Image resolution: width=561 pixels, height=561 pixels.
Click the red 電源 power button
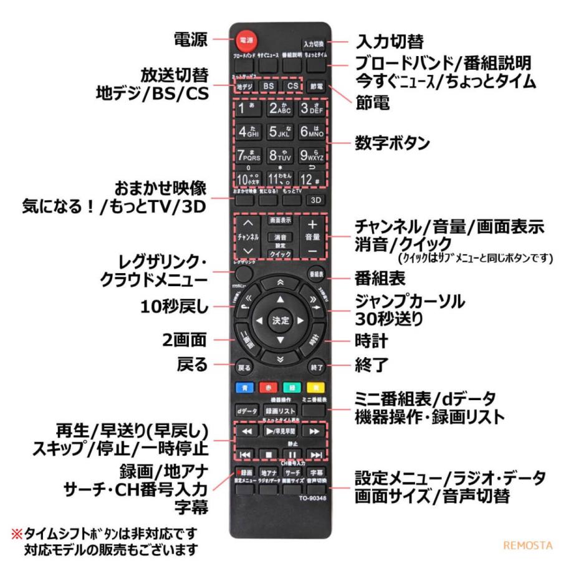[x=245, y=41]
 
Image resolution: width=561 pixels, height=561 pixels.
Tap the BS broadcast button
[x=268, y=86]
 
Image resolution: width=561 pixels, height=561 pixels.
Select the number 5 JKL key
[x=279, y=132]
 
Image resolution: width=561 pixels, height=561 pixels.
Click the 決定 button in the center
[x=280, y=320]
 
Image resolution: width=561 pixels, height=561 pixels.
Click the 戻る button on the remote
[x=244, y=367]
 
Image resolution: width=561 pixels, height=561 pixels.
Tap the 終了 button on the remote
[x=317, y=367]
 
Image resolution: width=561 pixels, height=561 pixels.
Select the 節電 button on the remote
[x=316, y=87]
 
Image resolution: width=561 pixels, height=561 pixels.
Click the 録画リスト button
[x=280, y=411]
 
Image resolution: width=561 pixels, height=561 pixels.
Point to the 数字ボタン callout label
[x=392, y=143]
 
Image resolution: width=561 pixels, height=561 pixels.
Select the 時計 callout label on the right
[x=372, y=341]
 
